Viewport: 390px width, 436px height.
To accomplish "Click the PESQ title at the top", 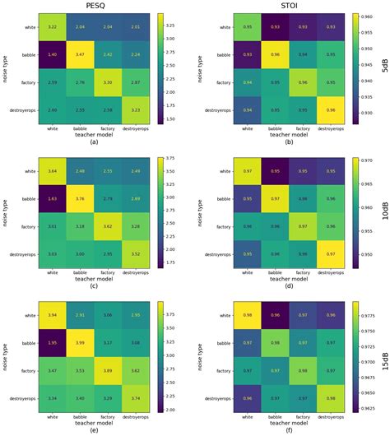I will coord(97,6).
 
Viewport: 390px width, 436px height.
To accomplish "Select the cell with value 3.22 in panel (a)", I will coord(52,27).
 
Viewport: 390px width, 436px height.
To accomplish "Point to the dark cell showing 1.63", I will coord(52,197).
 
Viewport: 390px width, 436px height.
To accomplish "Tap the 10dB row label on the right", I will coord(384,212).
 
